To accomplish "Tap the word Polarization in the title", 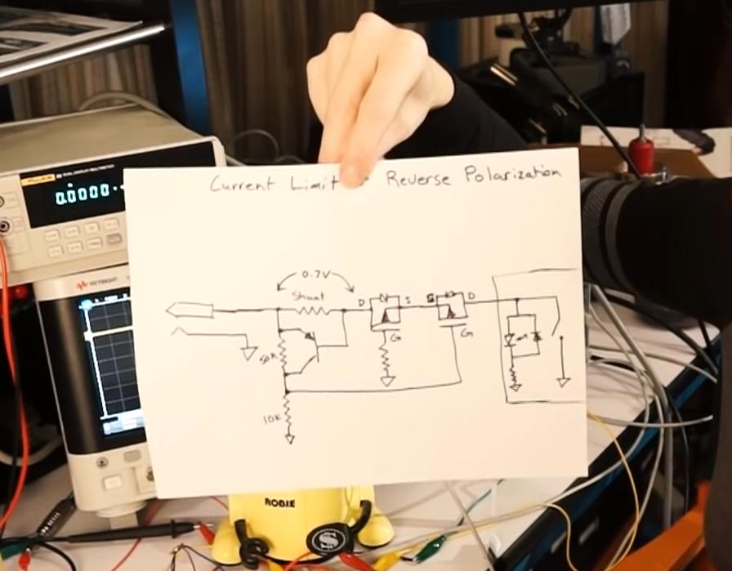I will click(x=512, y=174).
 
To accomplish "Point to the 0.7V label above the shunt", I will click(x=315, y=274).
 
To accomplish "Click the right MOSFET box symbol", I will click(x=451, y=307).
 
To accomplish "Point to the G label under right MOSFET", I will click(x=465, y=333).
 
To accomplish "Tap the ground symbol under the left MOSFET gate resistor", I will click(x=387, y=379).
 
